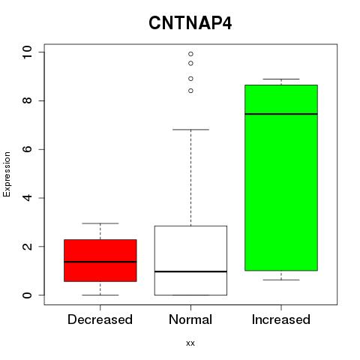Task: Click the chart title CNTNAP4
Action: click(x=190, y=23)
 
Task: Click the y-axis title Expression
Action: click(x=7, y=174)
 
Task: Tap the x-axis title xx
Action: click(x=190, y=343)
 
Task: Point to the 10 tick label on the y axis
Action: click(x=27, y=52)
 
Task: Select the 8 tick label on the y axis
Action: click(x=27, y=100)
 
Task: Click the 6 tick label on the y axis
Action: click(x=27, y=149)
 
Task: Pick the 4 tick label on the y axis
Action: click(x=27, y=198)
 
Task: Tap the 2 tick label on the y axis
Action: click(x=27, y=247)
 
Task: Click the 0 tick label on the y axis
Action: click(x=27, y=295)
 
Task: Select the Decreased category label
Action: click(x=100, y=319)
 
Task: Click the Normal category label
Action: click(x=190, y=319)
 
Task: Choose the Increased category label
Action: click(x=281, y=319)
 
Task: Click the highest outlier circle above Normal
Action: click(x=190, y=54)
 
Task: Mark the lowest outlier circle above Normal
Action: click(x=190, y=91)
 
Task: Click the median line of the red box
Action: click(x=100, y=262)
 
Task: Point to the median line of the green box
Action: click(x=281, y=114)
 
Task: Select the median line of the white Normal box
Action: click(x=190, y=271)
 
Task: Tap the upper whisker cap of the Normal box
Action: click(x=190, y=130)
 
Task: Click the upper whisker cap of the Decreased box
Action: click(x=100, y=223)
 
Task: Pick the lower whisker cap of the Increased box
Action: click(x=281, y=280)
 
